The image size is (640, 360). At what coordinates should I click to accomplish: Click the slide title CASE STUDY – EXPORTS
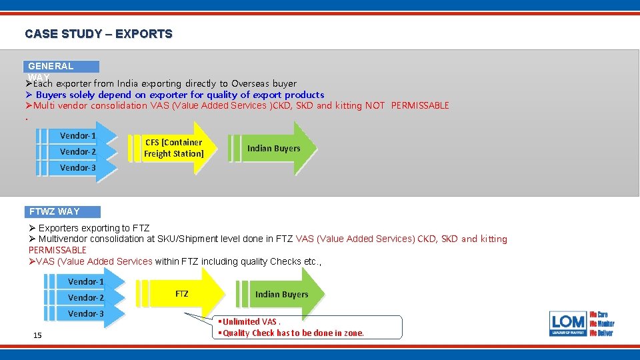click(99, 33)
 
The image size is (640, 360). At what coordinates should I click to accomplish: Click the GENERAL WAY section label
click(62, 67)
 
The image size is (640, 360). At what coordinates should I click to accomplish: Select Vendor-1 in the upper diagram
click(78, 136)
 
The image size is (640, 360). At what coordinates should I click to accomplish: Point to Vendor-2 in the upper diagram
click(78, 152)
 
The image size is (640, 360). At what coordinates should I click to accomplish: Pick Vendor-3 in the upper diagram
click(78, 168)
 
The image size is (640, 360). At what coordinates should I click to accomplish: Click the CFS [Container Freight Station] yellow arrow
click(174, 148)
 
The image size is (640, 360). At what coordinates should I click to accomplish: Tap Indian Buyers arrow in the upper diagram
click(274, 148)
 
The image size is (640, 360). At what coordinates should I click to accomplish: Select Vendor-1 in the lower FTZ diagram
click(86, 282)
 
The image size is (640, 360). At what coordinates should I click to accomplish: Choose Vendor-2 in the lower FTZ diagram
click(86, 297)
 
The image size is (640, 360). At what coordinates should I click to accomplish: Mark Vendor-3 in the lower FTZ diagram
click(86, 313)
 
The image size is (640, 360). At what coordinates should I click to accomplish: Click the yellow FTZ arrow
click(182, 294)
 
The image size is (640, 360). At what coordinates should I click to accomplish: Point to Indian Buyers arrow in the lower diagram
click(281, 294)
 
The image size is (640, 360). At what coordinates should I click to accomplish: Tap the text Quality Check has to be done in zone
click(293, 333)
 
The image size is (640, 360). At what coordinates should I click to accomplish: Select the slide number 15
click(37, 335)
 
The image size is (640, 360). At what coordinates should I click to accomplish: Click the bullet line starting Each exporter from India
click(164, 84)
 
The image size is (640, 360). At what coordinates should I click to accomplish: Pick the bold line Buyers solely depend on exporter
click(177, 95)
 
